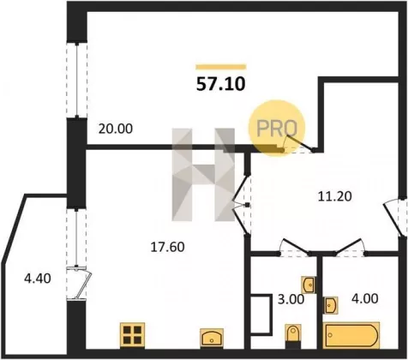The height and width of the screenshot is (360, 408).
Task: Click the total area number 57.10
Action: [x=220, y=84]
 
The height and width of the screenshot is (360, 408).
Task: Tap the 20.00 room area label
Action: [x=116, y=129]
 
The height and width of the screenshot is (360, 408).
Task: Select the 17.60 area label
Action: [x=167, y=247]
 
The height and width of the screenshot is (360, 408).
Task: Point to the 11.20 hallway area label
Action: [x=335, y=196]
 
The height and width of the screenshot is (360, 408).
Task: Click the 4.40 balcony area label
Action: [x=38, y=279]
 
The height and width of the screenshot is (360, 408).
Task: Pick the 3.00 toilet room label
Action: [x=291, y=299]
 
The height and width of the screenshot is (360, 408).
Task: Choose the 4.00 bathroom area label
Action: [x=365, y=298]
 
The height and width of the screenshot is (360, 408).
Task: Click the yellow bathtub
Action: [x=351, y=335]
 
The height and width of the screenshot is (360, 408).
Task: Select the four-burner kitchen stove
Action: [x=132, y=335]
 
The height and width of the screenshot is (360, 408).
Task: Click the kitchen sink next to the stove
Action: [x=212, y=338]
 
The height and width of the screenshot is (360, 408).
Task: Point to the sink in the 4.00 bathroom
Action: [x=330, y=305]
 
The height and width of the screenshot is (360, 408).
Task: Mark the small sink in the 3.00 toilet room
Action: [x=309, y=285]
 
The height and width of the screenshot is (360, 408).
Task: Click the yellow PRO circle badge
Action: [x=277, y=128]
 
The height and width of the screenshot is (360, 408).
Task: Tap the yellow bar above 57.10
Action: [x=221, y=67]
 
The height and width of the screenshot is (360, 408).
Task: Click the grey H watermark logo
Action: [x=203, y=175]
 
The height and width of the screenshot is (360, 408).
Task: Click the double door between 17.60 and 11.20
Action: [x=242, y=205]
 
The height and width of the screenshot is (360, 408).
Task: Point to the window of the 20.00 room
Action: [x=77, y=81]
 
